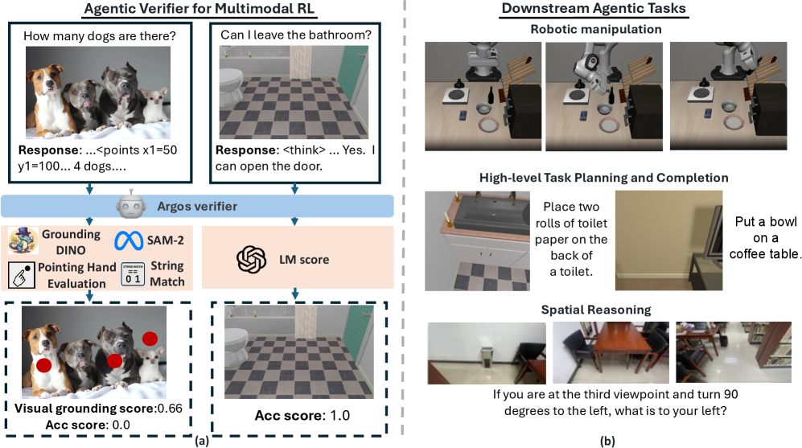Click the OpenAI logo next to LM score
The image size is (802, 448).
pos(251,259)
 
